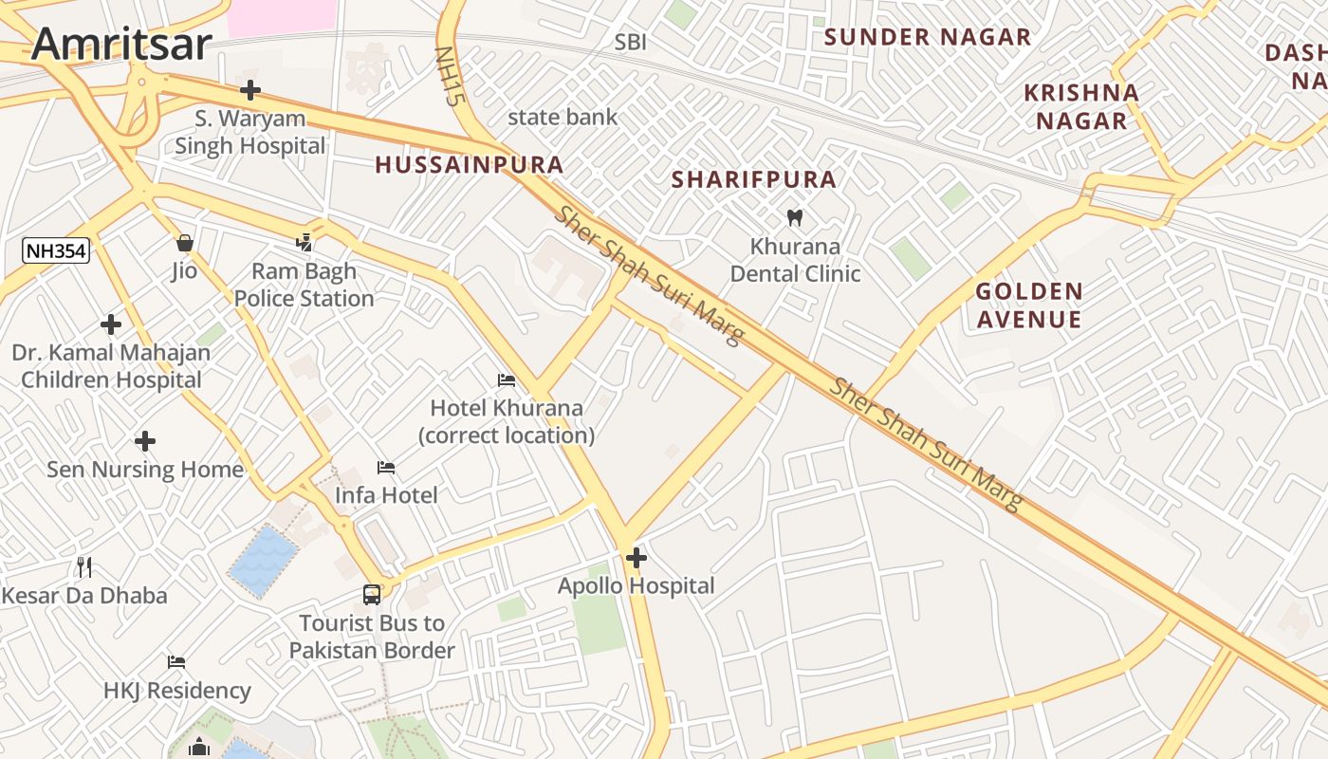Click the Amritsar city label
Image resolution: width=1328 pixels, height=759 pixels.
[121, 45]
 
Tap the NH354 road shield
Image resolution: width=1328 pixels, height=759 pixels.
[56, 251]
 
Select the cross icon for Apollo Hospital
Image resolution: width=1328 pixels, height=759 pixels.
[636, 558]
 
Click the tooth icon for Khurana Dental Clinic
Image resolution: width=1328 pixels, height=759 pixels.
[795, 217]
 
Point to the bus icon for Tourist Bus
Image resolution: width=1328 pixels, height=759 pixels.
[372, 595]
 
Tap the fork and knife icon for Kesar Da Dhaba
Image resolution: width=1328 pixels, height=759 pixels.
[85, 567]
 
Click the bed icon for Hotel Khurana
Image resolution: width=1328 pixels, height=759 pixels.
[507, 380]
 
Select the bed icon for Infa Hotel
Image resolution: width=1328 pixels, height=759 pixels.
[386, 467]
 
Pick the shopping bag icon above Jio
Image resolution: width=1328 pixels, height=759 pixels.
[185, 243]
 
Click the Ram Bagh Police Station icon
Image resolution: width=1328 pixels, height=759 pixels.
[304, 243]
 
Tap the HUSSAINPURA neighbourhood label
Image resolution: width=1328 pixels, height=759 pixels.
[470, 165]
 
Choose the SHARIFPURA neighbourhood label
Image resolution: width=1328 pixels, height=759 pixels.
[754, 179]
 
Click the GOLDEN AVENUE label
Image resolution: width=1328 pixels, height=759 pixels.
[1029, 305]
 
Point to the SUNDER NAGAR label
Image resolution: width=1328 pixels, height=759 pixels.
[927, 37]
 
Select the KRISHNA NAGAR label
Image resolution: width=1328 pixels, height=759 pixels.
[1081, 106]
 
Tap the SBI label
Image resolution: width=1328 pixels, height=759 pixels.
[630, 42]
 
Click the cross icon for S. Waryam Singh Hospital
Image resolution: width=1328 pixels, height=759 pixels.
[250, 90]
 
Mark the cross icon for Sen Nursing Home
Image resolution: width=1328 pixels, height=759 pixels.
[145, 441]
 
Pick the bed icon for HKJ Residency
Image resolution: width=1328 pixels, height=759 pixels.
[176, 662]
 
